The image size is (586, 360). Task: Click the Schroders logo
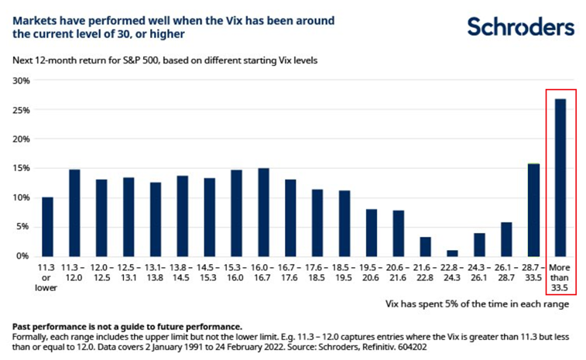520,28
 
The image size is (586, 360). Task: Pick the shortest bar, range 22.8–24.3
452,252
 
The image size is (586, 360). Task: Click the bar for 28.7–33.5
533,209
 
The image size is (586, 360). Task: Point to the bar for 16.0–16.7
263,212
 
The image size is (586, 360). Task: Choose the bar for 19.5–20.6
372,232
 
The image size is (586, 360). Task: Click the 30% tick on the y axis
20,81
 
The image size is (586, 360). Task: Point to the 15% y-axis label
20,168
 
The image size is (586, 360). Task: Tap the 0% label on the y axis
22,255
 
